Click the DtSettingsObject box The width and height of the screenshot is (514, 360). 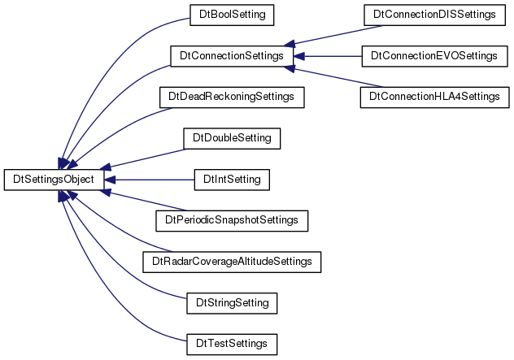54,180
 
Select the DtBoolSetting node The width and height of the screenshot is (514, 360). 232,15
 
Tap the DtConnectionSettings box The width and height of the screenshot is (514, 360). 232,56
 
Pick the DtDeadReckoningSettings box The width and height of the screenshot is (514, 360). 232,97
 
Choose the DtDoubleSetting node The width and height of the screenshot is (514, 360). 232,138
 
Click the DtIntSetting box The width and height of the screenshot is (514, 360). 232,180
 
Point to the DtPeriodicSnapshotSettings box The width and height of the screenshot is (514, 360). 232,221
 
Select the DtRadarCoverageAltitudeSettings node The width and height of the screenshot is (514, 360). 232,262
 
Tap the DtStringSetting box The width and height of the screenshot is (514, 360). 232,303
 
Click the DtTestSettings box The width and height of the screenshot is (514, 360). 232,344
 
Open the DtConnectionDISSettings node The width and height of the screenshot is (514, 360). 434,15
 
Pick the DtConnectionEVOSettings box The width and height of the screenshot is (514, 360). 434,56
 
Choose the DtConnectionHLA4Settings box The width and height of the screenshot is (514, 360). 434,97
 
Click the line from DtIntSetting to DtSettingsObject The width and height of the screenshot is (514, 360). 150,180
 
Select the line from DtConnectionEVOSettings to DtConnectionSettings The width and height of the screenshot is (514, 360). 328,56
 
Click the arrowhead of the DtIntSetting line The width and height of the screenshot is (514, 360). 110,180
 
